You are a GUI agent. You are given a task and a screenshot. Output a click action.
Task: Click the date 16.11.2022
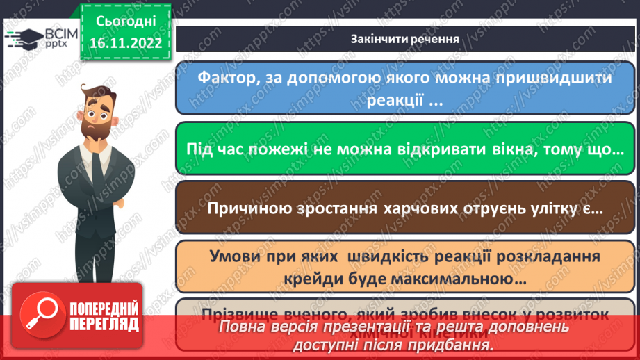click(125, 44)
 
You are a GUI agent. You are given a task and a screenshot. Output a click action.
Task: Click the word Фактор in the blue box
click(224, 76)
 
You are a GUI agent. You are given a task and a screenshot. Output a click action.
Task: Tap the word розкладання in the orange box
click(541, 256)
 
